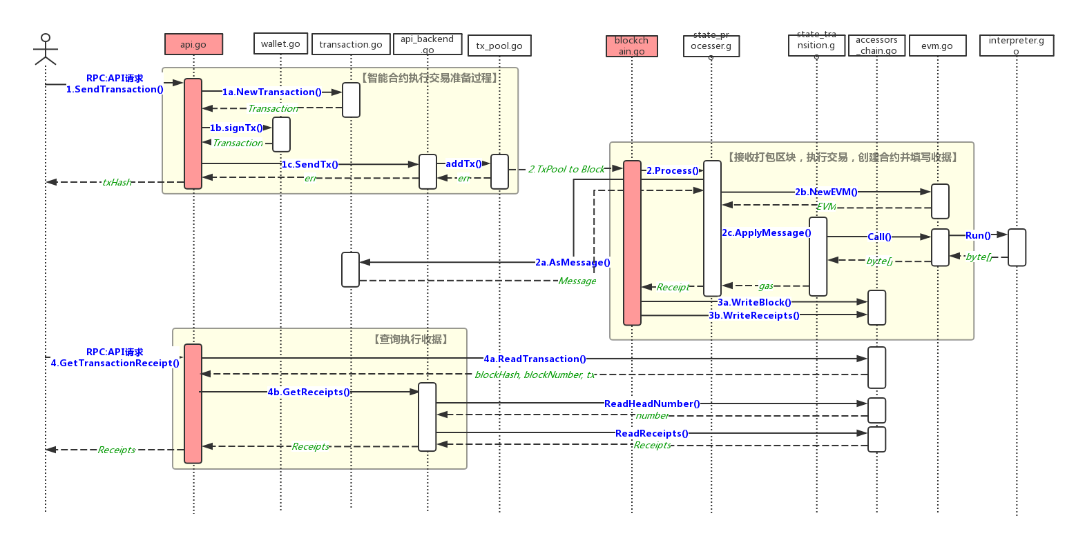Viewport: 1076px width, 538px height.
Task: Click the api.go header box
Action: click(193, 44)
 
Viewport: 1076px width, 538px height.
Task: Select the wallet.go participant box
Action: click(280, 43)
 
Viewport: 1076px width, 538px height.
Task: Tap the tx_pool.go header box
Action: click(499, 46)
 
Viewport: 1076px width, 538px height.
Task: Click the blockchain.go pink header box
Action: click(631, 46)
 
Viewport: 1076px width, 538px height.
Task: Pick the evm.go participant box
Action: click(937, 46)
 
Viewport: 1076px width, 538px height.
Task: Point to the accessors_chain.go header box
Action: click(876, 46)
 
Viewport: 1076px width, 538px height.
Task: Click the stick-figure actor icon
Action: click(46, 49)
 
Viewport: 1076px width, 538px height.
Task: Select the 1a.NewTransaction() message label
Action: click(272, 92)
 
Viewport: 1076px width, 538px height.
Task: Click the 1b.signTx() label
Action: click(237, 128)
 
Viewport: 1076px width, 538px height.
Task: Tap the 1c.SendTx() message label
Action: click(309, 164)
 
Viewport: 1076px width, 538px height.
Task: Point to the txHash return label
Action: click(117, 182)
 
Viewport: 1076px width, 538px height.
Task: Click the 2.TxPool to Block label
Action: click(566, 169)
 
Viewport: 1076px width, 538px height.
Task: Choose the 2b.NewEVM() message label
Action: click(826, 192)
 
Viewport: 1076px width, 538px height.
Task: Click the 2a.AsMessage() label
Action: click(573, 262)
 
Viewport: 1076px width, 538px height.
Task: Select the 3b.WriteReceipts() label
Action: click(754, 315)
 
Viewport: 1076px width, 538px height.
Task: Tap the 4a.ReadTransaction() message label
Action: click(535, 359)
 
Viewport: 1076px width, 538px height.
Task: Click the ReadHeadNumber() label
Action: click(652, 403)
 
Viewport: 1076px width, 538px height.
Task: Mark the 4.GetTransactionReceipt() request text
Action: click(115, 363)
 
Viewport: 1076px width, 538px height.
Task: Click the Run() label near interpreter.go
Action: click(978, 235)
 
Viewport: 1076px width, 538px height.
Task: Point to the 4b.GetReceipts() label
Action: click(309, 392)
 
